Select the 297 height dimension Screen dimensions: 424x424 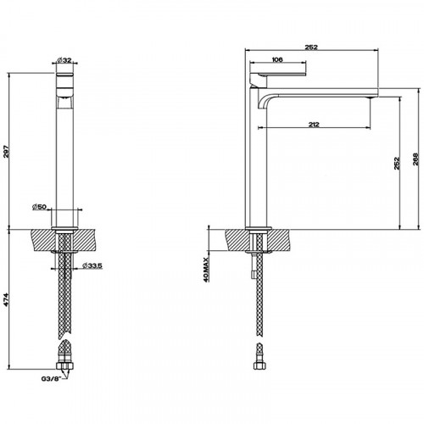coord(8,151)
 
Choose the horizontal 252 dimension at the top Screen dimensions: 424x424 coord(311,47)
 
